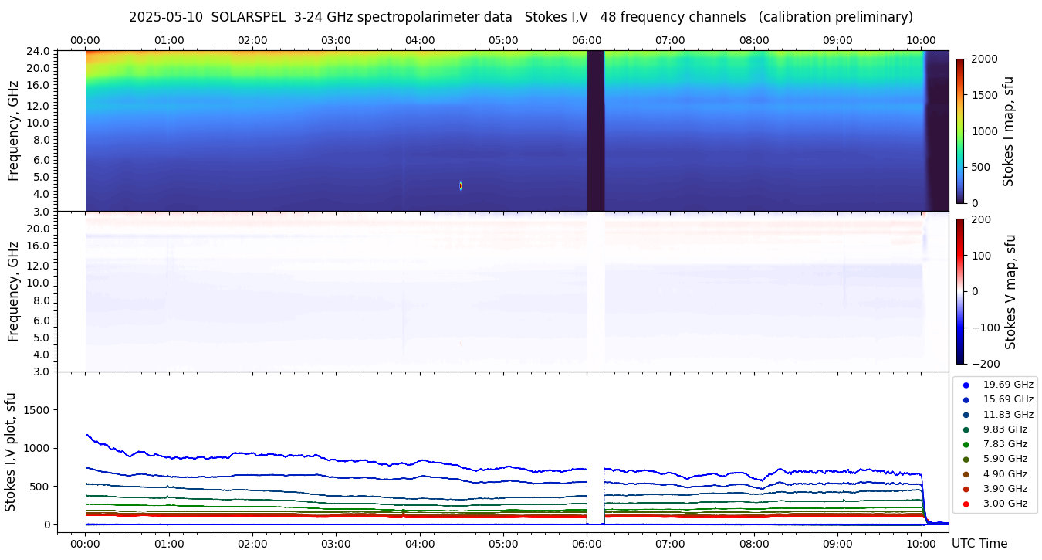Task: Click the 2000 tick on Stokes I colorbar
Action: pos(984,59)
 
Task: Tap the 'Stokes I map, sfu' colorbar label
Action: pos(1009,131)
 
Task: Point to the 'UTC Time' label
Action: pos(979,544)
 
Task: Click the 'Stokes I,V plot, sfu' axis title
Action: pos(11,451)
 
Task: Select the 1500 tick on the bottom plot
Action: pos(37,409)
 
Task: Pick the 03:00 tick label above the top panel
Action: pos(336,40)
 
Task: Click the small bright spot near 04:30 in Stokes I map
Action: pos(461,185)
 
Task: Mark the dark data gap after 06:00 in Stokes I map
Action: pos(595,131)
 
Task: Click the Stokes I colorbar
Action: pos(960,131)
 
